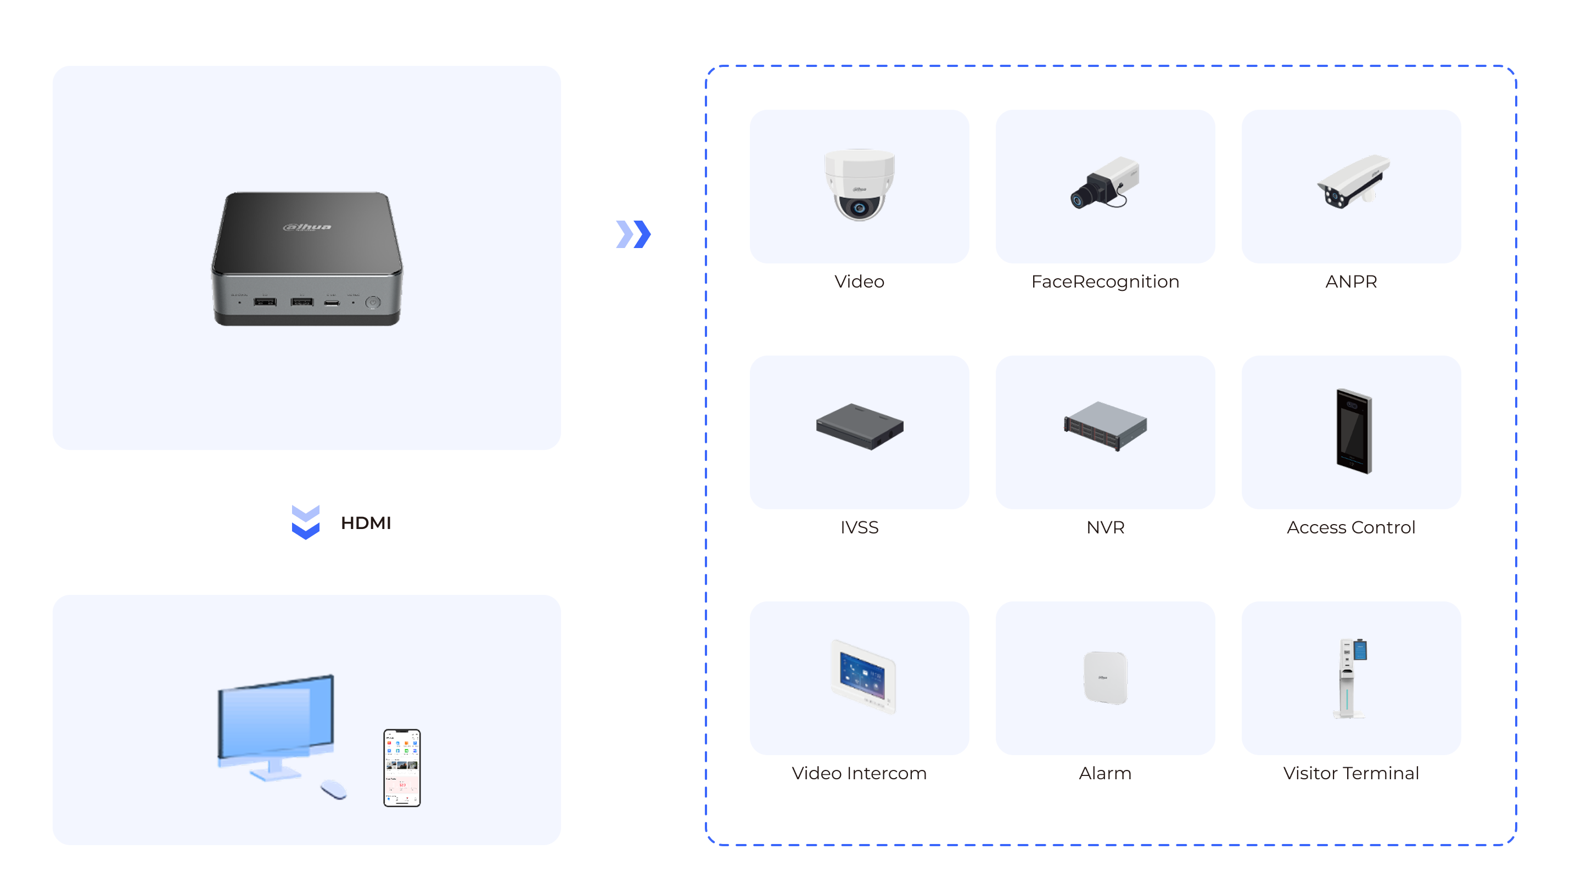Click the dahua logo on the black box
(307, 227)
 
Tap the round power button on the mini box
(373, 302)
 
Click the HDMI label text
(366, 523)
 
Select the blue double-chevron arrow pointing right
(633, 234)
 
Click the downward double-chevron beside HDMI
(306, 522)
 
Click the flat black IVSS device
(859, 426)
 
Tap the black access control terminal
(1353, 431)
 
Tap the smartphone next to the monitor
(402, 768)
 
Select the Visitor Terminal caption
(1351, 773)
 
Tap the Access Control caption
(1351, 527)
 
